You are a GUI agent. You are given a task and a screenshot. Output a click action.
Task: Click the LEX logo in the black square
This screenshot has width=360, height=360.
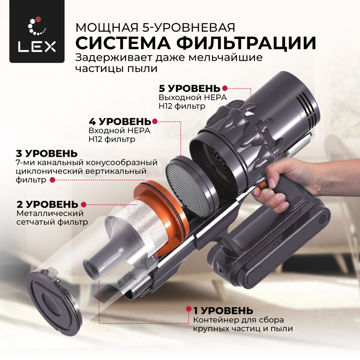tap(37, 34)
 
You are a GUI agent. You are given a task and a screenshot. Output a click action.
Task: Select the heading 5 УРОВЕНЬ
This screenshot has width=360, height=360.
tap(190, 88)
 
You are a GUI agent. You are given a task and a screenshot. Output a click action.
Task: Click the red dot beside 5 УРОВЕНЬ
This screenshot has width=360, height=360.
tap(225, 88)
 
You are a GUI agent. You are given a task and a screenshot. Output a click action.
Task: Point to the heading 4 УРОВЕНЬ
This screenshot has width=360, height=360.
tap(120, 121)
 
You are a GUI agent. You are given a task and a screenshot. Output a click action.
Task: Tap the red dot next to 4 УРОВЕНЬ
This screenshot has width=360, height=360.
tap(155, 121)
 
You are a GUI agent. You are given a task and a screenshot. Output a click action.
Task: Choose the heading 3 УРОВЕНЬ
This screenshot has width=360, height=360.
tap(46, 153)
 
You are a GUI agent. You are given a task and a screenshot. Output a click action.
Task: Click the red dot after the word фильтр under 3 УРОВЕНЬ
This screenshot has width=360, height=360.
tap(53, 180)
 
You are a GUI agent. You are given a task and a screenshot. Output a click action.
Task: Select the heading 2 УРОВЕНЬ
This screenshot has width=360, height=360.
tap(48, 204)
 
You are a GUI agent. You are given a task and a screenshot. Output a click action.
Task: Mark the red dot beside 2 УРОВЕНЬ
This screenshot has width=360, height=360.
tap(84, 204)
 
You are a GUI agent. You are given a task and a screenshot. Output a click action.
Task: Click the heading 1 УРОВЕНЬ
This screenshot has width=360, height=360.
tap(223, 311)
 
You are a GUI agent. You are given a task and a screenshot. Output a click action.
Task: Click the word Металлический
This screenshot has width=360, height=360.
tap(50, 213)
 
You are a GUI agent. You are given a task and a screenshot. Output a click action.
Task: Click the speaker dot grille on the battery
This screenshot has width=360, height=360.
tap(322, 219)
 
